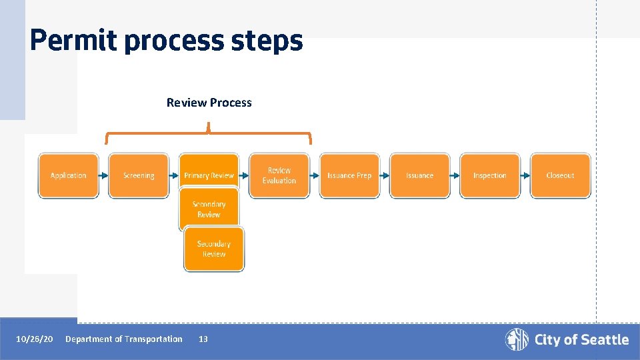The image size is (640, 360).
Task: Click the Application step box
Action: click(x=68, y=175)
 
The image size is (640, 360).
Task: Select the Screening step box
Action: click(x=139, y=175)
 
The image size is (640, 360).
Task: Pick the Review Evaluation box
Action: click(x=279, y=175)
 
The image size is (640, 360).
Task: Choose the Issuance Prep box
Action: click(x=349, y=175)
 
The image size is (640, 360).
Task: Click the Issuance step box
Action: click(x=420, y=175)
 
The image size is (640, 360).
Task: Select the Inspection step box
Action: click(x=490, y=175)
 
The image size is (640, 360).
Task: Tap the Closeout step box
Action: click(x=560, y=175)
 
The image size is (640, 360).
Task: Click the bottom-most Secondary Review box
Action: click(x=214, y=249)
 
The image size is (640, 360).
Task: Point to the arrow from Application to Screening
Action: click(x=103, y=175)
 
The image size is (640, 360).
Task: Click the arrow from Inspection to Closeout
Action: click(x=525, y=175)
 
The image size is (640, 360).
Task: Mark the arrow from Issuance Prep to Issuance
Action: click(x=385, y=175)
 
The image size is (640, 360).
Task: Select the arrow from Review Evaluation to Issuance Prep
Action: click(x=315, y=175)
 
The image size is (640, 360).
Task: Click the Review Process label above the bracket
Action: click(x=209, y=103)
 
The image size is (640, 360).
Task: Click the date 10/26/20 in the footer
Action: click(x=35, y=339)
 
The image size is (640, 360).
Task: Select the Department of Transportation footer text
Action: click(x=123, y=339)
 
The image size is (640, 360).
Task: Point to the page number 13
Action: click(x=203, y=339)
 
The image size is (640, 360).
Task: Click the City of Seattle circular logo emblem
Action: click(x=517, y=339)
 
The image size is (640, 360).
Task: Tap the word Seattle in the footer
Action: click(x=603, y=340)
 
